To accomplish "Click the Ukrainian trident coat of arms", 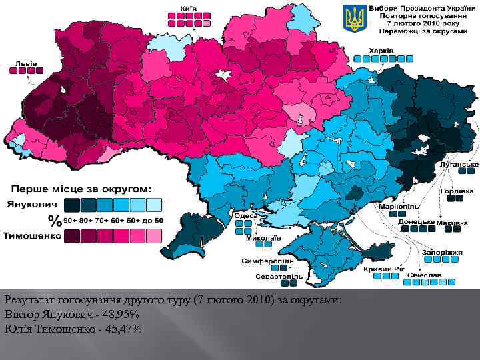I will [x=355, y=18].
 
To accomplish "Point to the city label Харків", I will [x=382, y=51].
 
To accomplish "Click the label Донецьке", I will [x=417, y=221].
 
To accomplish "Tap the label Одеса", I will [x=245, y=215].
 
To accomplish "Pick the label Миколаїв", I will [x=263, y=237].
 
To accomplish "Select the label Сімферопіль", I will [x=263, y=261].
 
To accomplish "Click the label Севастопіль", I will [x=280, y=276].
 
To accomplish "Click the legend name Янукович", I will [x=32, y=203].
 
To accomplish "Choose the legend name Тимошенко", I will [x=32, y=235].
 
